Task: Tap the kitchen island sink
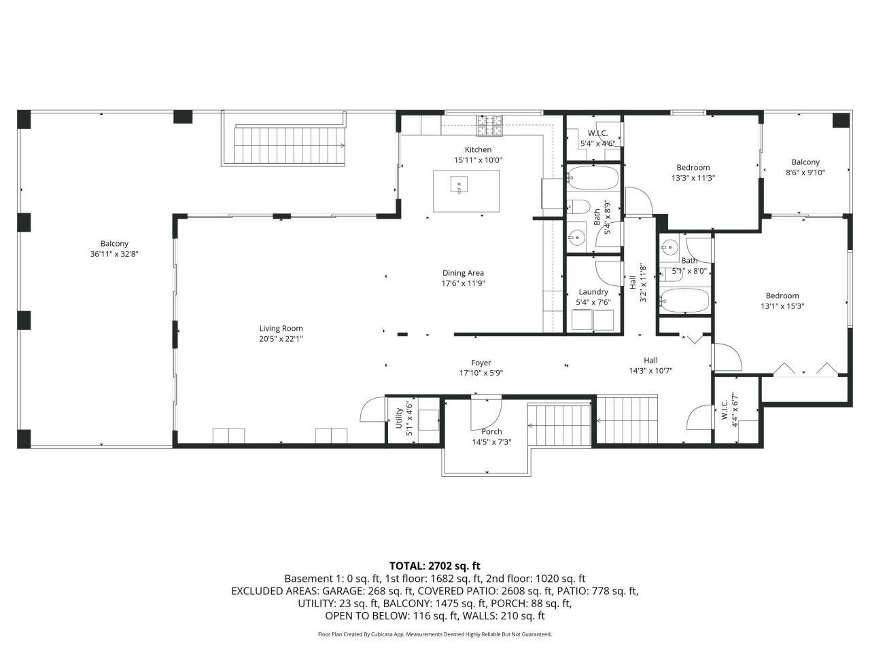459,185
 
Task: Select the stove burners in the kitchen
489,126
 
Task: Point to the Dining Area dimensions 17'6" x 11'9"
463,283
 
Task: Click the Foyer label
481,363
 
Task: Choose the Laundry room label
593,292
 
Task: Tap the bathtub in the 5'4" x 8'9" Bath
593,178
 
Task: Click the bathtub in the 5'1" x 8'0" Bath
684,300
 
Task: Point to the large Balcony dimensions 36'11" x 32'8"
114,254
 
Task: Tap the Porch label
491,431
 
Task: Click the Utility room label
399,418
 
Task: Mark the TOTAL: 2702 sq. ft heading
435,566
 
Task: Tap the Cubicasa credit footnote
435,634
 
